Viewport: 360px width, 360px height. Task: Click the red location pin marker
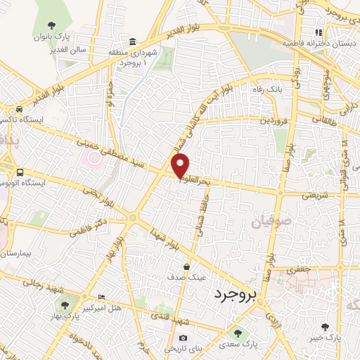point(181,165)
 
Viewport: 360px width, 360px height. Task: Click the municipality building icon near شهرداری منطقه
point(134,41)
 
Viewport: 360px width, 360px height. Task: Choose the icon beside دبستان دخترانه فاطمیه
point(319,32)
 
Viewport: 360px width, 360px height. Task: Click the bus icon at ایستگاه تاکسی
point(20,109)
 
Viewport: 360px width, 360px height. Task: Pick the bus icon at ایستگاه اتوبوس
point(20,172)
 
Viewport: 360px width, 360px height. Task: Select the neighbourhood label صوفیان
point(268,223)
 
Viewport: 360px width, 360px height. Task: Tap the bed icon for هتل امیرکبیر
point(103,297)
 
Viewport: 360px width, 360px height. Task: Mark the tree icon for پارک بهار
point(65,305)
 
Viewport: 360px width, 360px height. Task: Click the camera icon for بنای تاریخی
point(184,338)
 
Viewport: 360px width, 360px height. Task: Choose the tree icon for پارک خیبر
point(324,327)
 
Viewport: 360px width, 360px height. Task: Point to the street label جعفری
point(307,268)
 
